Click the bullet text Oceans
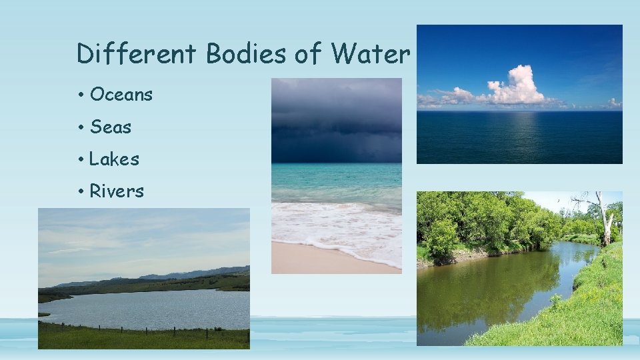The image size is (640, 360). point(121,95)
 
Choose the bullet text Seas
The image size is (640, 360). point(111,127)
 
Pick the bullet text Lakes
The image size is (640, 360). point(114,159)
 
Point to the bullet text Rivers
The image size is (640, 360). point(117,191)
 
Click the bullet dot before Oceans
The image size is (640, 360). point(80,95)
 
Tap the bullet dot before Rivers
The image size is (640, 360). point(80,192)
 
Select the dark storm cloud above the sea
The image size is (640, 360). point(337,120)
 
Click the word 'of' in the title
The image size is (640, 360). point(307,53)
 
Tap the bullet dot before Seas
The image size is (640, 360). point(80,127)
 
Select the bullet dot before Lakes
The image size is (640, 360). point(80,159)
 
